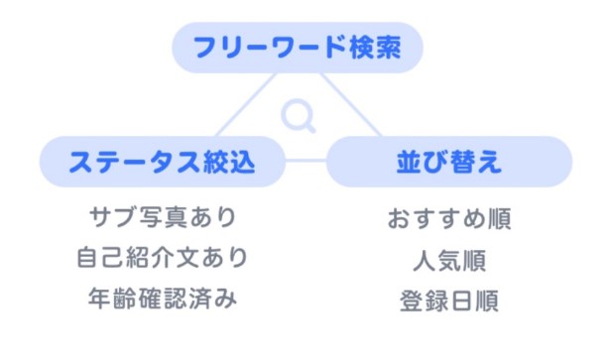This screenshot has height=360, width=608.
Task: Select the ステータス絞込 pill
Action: pos(162,162)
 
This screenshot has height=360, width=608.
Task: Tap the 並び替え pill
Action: pos(448,162)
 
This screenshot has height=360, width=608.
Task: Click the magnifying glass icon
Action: pos(298,116)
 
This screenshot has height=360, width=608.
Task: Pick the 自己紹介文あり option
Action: pos(162,257)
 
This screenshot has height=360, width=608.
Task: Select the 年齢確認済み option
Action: pos(162,298)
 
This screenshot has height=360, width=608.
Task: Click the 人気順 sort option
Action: pos(448,261)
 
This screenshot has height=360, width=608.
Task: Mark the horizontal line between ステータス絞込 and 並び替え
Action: pos(305,161)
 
